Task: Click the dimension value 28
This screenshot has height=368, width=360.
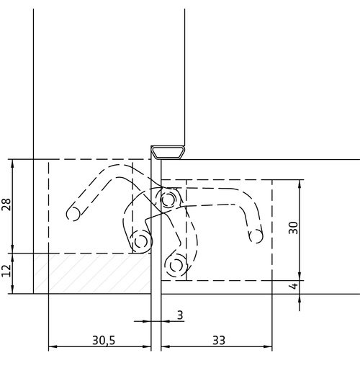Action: [x=6, y=205]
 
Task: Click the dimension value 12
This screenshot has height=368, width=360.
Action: [x=6, y=270]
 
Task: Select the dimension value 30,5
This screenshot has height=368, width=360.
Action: [x=104, y=340]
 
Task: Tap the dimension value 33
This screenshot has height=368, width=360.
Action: [x=219, y=340]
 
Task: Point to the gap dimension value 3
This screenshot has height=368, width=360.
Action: [x=180, y=315]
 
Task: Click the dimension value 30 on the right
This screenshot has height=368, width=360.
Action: [x=293, y=228]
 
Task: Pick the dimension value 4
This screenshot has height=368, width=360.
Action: [x=294, y=286]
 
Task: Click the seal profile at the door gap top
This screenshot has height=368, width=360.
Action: [x=168, y=153]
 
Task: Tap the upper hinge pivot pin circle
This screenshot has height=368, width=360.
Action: [x=168, y=199]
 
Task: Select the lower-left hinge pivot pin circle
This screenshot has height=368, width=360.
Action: [x=140, y=242]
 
